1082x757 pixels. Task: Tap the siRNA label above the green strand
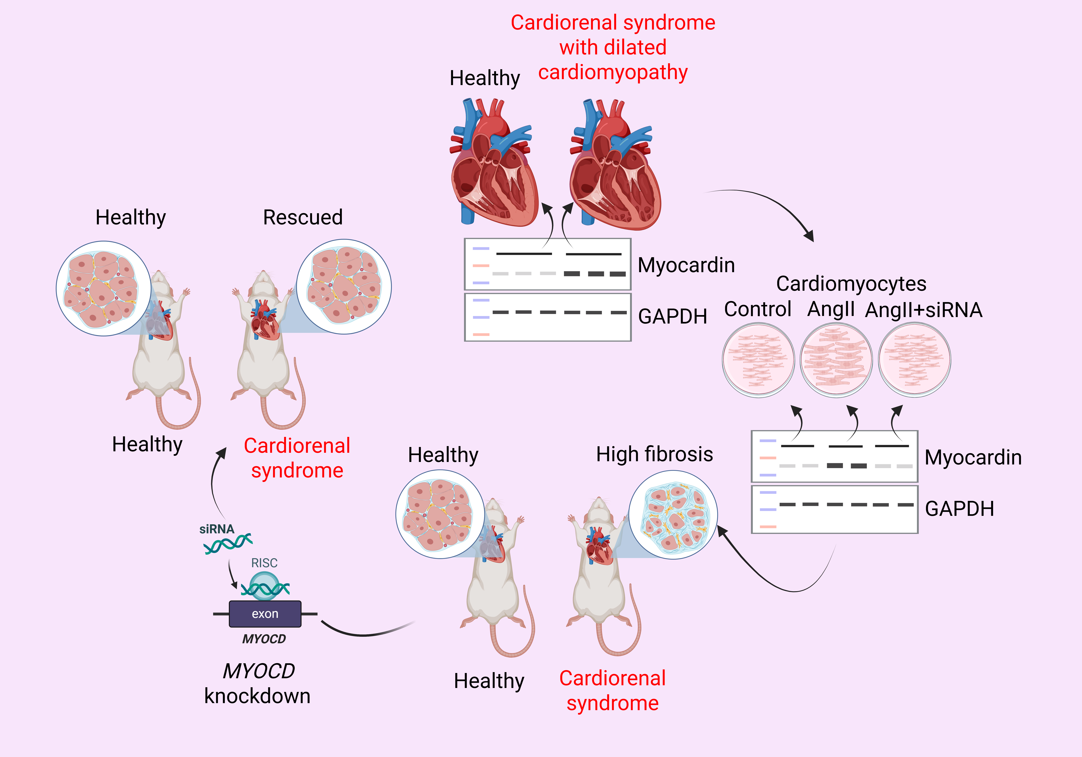pyautogui.click(x=217, y=529)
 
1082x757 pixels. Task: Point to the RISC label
pyautogui.click(x=264, y=563)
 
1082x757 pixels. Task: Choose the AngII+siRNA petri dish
pyautogui.click(x=914, y=360)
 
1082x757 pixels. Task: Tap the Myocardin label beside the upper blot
pyautogui.click(x=686, y=265)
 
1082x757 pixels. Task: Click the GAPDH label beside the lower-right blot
pyautogui.click(x=960, y=509)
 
